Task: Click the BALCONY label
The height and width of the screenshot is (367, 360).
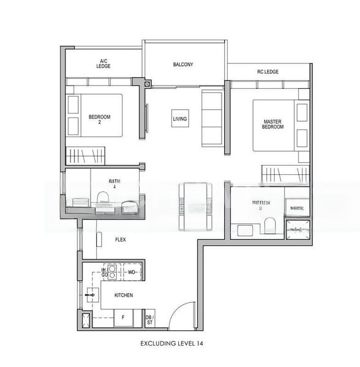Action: coord(183,64)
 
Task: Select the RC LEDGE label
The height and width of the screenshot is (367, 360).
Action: coord(268,72)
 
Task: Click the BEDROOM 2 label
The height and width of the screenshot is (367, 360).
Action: coord(99,119)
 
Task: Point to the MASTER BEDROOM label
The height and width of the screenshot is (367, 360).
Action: coord(272,125)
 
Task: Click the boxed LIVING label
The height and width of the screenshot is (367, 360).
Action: coord(179,119)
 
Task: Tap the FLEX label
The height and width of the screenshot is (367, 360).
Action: coord(121,240)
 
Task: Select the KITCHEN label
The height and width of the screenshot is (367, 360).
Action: coord(124,295)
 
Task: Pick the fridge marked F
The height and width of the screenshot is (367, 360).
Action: coord(123,317)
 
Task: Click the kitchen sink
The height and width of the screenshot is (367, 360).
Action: coord(90,295)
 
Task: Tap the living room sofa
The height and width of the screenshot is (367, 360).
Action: coord(212,118)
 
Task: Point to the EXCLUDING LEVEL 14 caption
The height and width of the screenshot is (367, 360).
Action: coord(171,344)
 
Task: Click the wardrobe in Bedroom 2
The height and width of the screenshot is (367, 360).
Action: coord(85,154)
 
